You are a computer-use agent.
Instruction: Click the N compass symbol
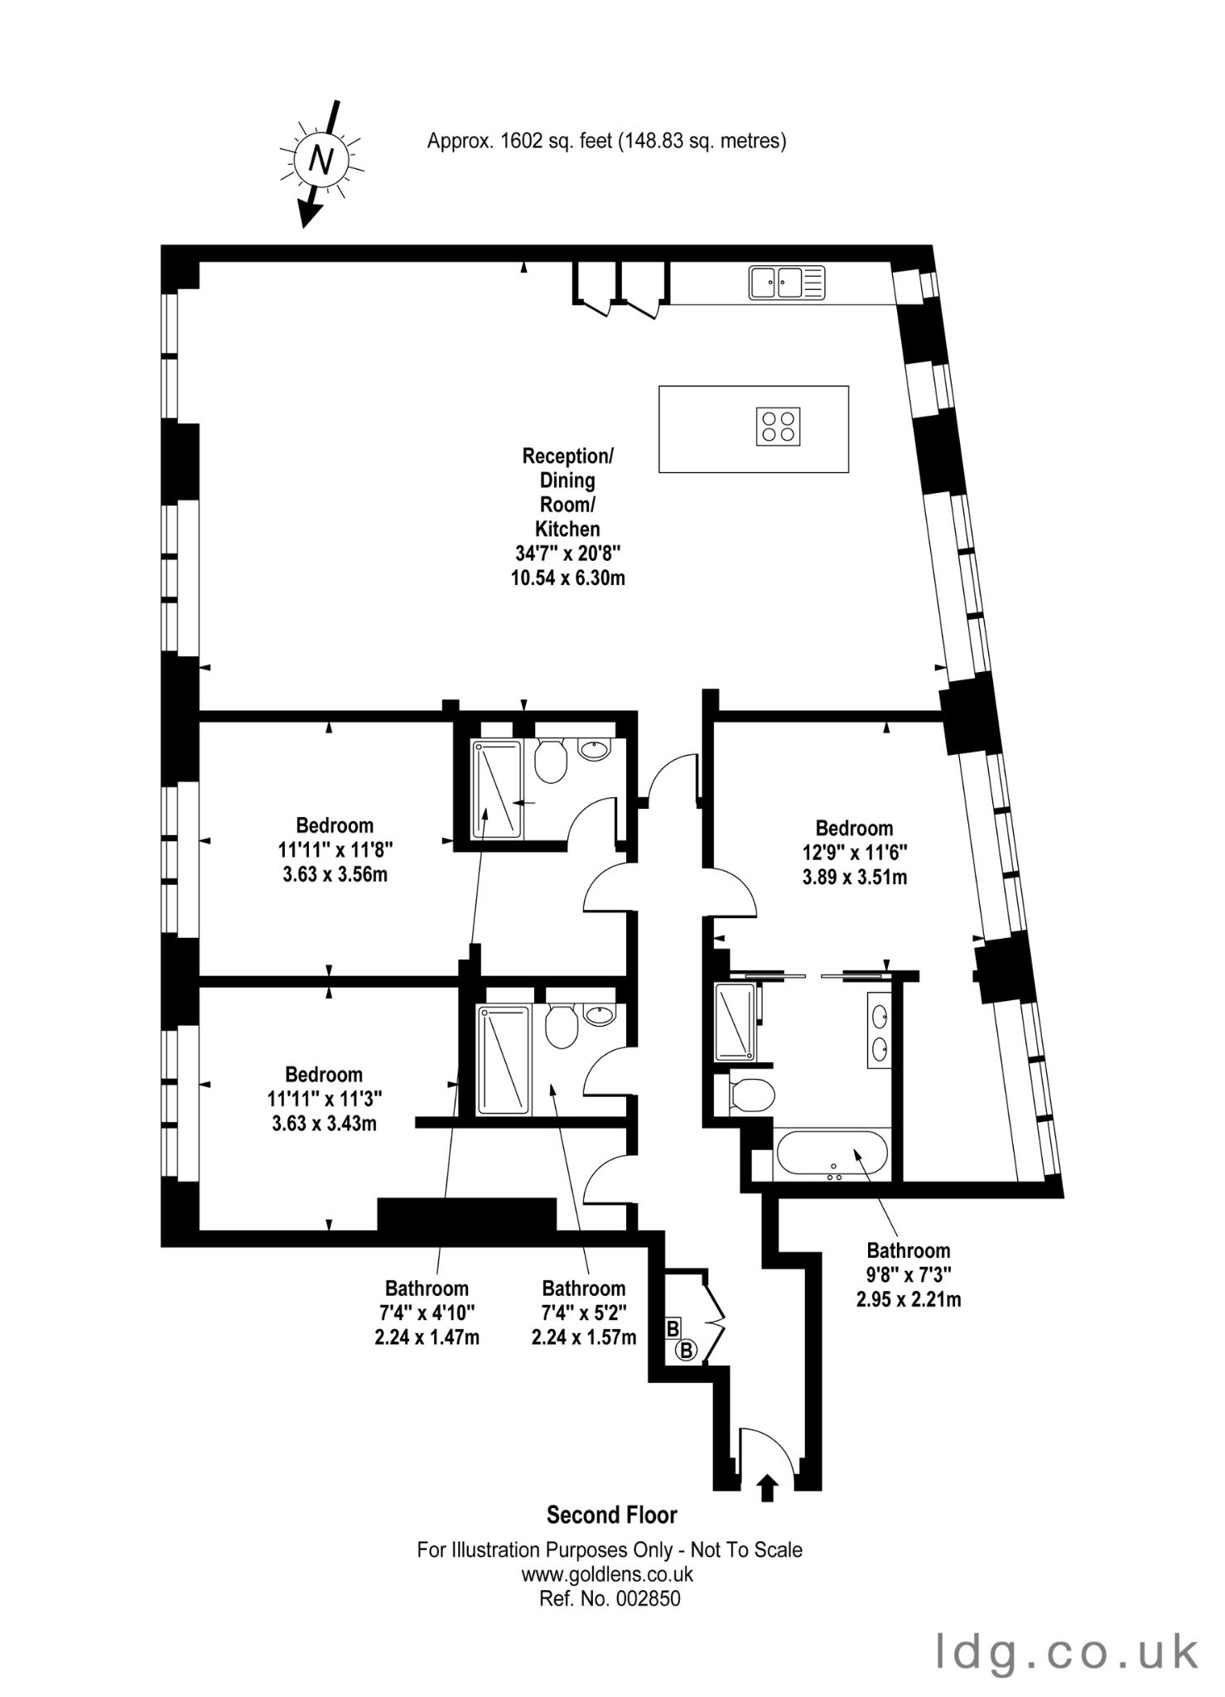pos(321,159)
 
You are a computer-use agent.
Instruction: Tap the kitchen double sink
pos(787,283)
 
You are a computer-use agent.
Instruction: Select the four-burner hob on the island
pos(779,427)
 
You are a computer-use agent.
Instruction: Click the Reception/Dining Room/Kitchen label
pos(567,516)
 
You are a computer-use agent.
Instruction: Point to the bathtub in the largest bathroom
pos(832,1154)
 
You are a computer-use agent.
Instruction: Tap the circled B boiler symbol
pos(686,1351)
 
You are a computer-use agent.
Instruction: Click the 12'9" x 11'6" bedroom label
pos(854,852)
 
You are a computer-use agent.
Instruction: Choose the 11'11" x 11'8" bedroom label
pos(335,849)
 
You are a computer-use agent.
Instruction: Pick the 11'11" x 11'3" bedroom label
pos(324,1099)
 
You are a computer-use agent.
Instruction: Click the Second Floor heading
pos(612,1516)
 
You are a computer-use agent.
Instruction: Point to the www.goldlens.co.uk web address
pos(607,1574)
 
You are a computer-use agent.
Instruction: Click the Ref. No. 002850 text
pos(610,1598)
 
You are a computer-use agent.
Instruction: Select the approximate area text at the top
pos(606,141)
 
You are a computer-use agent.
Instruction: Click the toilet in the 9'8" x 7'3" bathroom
pos(752,1095)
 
